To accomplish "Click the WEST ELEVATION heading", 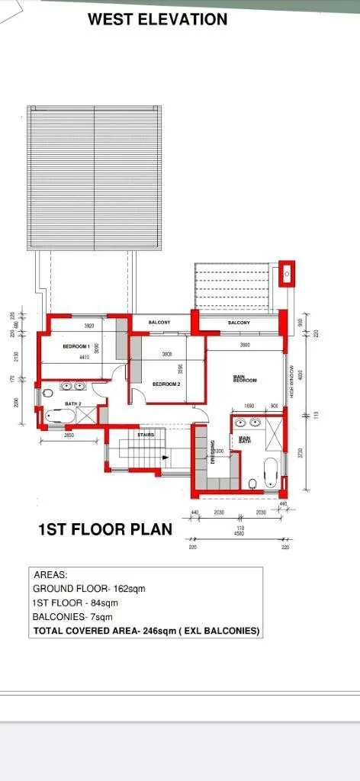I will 157,19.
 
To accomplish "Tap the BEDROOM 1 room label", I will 76,347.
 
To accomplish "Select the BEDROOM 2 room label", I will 166,384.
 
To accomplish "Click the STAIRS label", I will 146,435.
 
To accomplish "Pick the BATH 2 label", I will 73,403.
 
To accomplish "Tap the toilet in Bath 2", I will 47,393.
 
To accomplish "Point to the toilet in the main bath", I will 252,482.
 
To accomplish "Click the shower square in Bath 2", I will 87,416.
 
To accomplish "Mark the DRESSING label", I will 213,452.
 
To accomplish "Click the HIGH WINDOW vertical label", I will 291,380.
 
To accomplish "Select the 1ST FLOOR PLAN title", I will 105,529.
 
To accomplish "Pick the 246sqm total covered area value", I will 145,631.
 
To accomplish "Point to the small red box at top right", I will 288,272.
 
